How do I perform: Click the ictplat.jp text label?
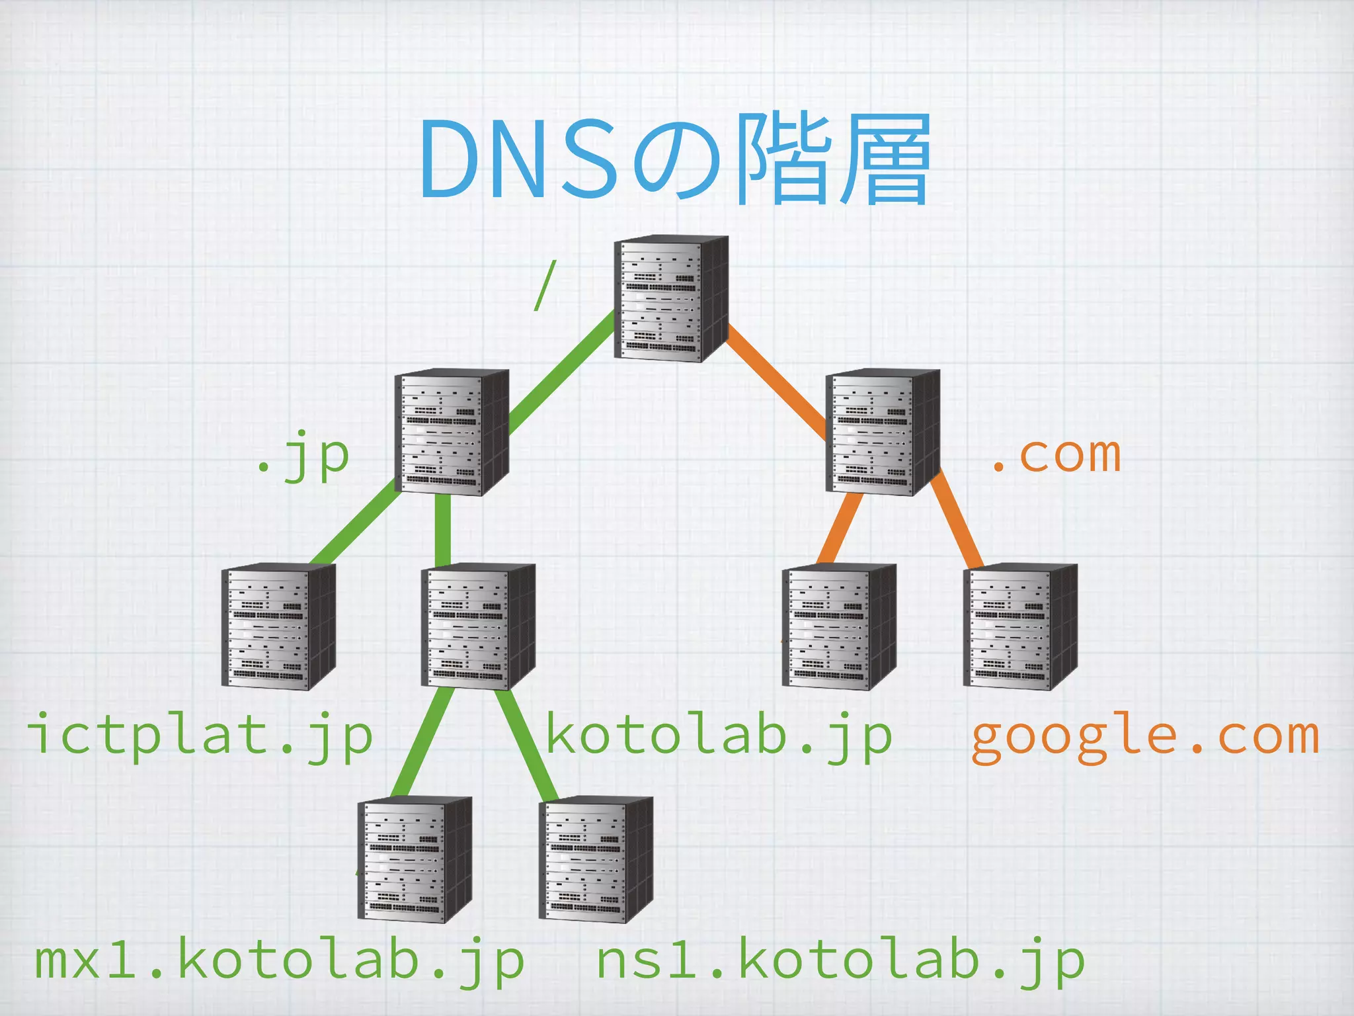(200, 736)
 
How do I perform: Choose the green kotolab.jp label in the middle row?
(719, 736)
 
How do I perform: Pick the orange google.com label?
(1145, 736)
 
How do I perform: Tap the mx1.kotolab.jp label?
(279, 960)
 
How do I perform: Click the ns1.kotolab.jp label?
(841, 960)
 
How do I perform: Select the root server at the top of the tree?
(670, 298)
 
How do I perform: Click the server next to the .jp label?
(451, 431)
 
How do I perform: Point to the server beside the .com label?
(882, 431)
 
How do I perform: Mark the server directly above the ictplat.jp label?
(278, 626)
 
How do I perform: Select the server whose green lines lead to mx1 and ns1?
(477, 626)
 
